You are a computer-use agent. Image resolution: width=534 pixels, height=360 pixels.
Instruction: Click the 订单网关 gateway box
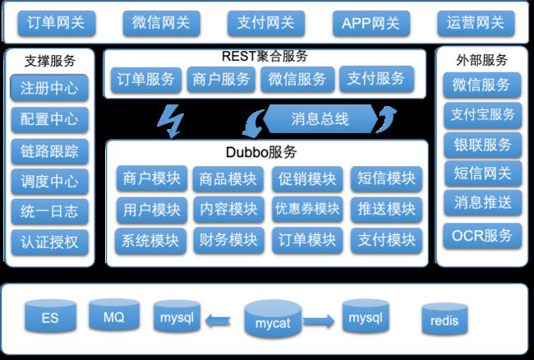coord(57,23)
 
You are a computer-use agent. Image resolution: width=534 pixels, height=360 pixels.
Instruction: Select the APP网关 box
coord(371,23)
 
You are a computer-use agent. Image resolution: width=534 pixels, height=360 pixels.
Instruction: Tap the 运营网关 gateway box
coord(476,23)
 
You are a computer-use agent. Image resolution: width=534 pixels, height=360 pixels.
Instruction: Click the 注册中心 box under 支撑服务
coord(49,88)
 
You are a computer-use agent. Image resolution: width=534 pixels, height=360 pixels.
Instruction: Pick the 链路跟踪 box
coord(49,151)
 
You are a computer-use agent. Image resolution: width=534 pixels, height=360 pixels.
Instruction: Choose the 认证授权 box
coord(49,242)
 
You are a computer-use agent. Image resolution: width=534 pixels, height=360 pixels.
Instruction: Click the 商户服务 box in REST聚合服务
coord(221,80)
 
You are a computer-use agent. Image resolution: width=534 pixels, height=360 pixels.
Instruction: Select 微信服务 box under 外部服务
coord(482,85)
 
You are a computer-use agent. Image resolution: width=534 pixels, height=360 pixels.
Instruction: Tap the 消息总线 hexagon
coord(320,119)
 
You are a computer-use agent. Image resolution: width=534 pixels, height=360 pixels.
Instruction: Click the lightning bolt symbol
coord(171,122)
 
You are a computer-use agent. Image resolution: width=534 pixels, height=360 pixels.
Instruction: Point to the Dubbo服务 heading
coord(261,152)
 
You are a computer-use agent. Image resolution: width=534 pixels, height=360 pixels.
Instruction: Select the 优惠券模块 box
coord(307,209)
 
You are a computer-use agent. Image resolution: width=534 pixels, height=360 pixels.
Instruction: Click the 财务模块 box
coord(228,240)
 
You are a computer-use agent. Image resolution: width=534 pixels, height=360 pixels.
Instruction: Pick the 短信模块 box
coord(386,178)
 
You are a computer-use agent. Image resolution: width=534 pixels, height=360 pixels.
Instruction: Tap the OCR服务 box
coord(482,235)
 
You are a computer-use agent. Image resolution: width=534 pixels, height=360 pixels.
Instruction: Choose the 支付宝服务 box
coord(482,115)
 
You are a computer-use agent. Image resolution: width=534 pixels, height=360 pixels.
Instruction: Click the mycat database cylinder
coord(273,319)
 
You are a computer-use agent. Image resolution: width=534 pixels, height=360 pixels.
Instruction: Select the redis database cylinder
coord(444,318)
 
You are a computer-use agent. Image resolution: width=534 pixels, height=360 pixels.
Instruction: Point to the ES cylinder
coord(50,316)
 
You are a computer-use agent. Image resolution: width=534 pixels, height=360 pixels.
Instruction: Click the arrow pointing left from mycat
coord(218,321)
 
